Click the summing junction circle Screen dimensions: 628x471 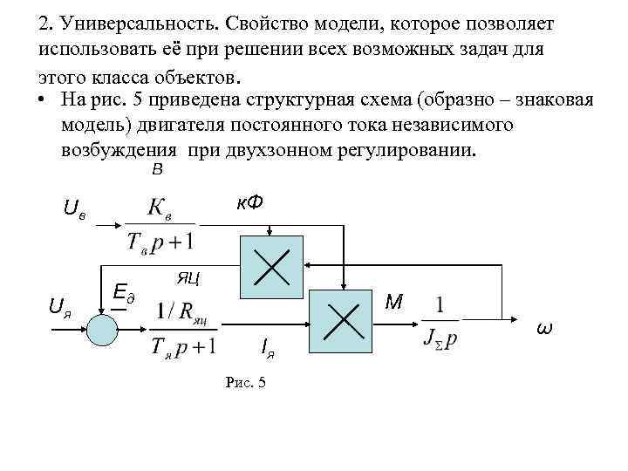(101, 329)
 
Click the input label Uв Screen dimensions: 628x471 (74, 208)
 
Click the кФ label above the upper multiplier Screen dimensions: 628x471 (250, 202)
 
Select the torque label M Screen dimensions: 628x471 (394, 302)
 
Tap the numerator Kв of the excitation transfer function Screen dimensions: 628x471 (160, 208)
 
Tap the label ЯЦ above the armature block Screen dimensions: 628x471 (188, 278)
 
